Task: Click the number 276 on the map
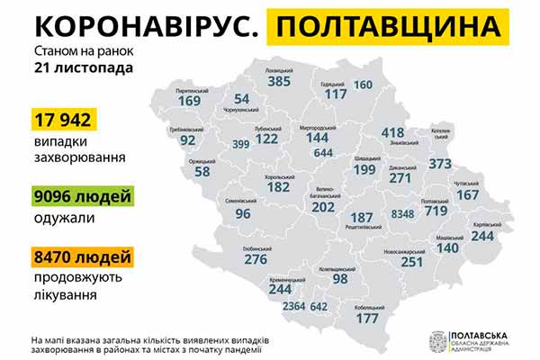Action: [x=257, y=260]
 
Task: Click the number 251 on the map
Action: [x=413, y=261]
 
